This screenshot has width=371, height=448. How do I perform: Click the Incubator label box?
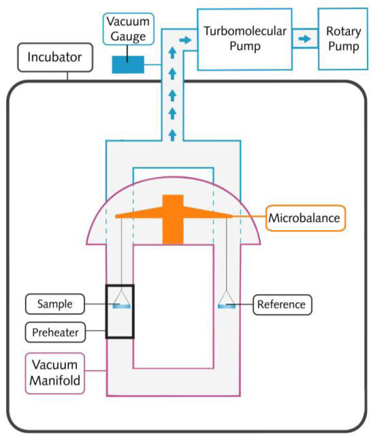click(x=55, y=57)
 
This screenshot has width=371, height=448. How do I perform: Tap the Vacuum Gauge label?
click(x=128, y=29)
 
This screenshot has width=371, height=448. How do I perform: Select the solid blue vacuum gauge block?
click(x=128, y=65)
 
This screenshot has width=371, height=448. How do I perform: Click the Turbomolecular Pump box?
click(x=245, y=39)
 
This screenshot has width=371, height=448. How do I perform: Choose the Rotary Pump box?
click(x=343, y=39)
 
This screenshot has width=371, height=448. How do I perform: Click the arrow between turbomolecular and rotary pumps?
click(x=305, y=38)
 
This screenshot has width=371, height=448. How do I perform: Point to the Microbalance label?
click(x=306, y=218)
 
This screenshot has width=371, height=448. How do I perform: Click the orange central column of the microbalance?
click(x=173, y=219)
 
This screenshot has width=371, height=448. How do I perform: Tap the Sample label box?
click(x=55, y=304)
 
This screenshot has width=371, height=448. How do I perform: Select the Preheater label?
click(x=55, y=332)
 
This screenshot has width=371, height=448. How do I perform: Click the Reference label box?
click(x=283, y=304)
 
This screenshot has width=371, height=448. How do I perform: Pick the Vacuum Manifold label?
click(x=55, y=373)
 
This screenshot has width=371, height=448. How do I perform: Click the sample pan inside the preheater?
click(x=122, y=306)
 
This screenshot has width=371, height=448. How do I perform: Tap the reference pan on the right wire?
click(x=227, y=306)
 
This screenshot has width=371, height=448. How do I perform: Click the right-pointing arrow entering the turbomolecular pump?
click(x=186, y=39)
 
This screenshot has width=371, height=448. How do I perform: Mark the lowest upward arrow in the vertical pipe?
click(x=172, y=135)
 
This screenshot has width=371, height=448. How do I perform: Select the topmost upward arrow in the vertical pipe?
click(x=172, y=53)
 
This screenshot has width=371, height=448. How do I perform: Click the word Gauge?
click(x=128, y=37)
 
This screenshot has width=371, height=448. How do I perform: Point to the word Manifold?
click(x=55, y=381)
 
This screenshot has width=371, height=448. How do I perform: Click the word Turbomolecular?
click(x=245, y=31)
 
